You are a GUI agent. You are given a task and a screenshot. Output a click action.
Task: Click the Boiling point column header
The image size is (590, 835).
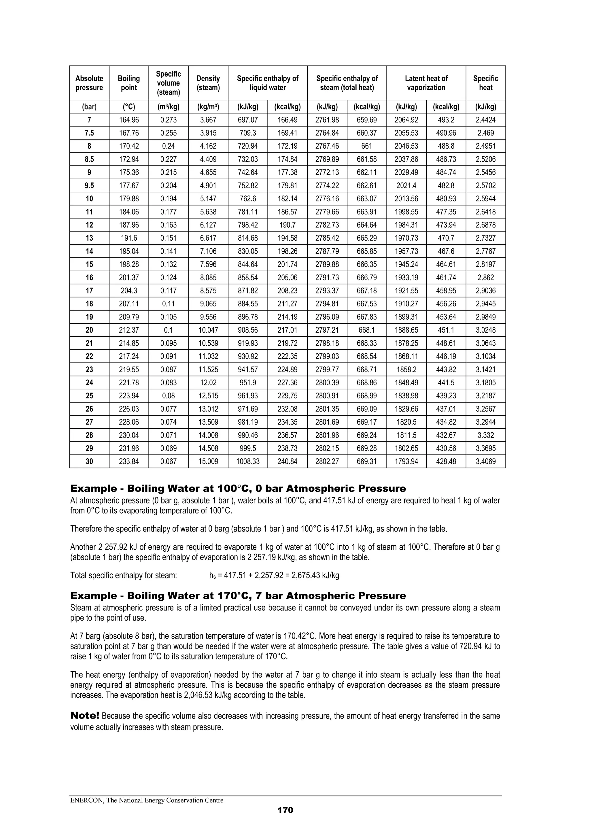pos(129,83)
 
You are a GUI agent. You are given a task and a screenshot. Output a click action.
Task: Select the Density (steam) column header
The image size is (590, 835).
pos(208,83)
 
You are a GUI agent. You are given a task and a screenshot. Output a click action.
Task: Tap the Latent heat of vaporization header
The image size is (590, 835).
pos(426,83)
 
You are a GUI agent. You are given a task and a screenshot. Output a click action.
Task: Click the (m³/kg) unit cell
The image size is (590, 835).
pos(168,107)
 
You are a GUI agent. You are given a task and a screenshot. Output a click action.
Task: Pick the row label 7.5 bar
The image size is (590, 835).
pos(89,133)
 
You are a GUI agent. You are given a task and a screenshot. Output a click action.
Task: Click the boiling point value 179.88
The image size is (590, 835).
pos(129,199)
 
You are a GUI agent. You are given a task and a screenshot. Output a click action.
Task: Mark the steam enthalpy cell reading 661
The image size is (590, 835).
pos(366,146)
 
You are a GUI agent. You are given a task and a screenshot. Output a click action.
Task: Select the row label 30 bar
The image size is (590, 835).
pos(89,461)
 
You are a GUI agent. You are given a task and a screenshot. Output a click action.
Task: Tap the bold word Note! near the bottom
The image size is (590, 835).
pos(85,716)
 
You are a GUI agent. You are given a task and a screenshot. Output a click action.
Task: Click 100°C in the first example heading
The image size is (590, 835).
pos(235,489)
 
